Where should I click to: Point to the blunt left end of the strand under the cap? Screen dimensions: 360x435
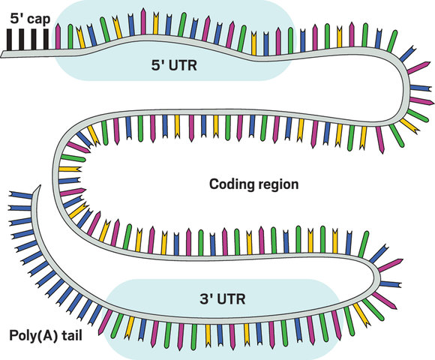[3, 54]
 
